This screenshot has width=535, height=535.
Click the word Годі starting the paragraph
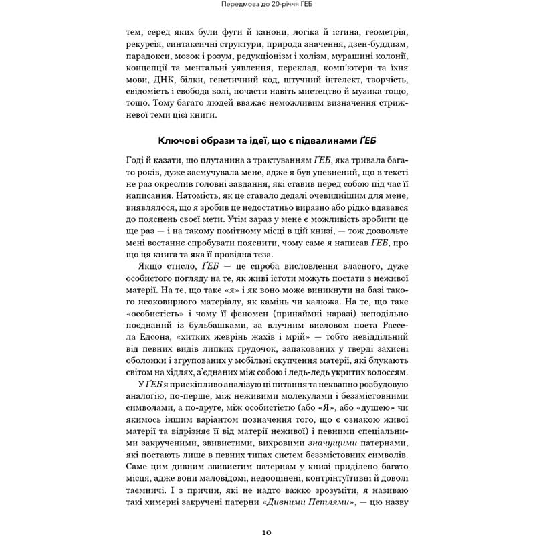click(x=136, y=158)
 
